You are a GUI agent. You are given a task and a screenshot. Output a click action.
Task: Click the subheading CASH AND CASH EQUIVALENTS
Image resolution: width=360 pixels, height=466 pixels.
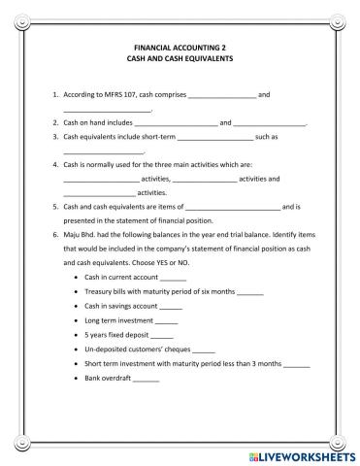pyautogui.click(x=180, y=58)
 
